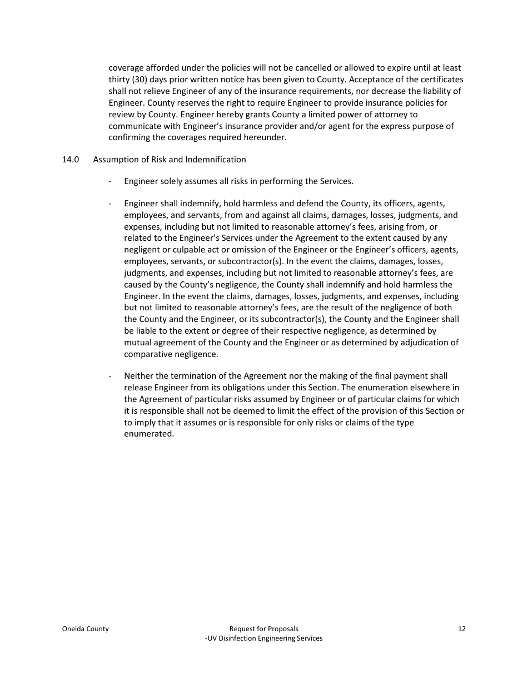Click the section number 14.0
click(x=70, y=160)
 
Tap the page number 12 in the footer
click(x=461, y=629)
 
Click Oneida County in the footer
click(x=85, y=629)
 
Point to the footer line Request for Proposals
click(x=264, y=629)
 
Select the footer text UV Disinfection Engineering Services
click(x=265, y=638)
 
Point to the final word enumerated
click(x=148, y=434)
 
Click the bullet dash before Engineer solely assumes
click(x=111, y=181)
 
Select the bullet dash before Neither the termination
click(x=111, y=376)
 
